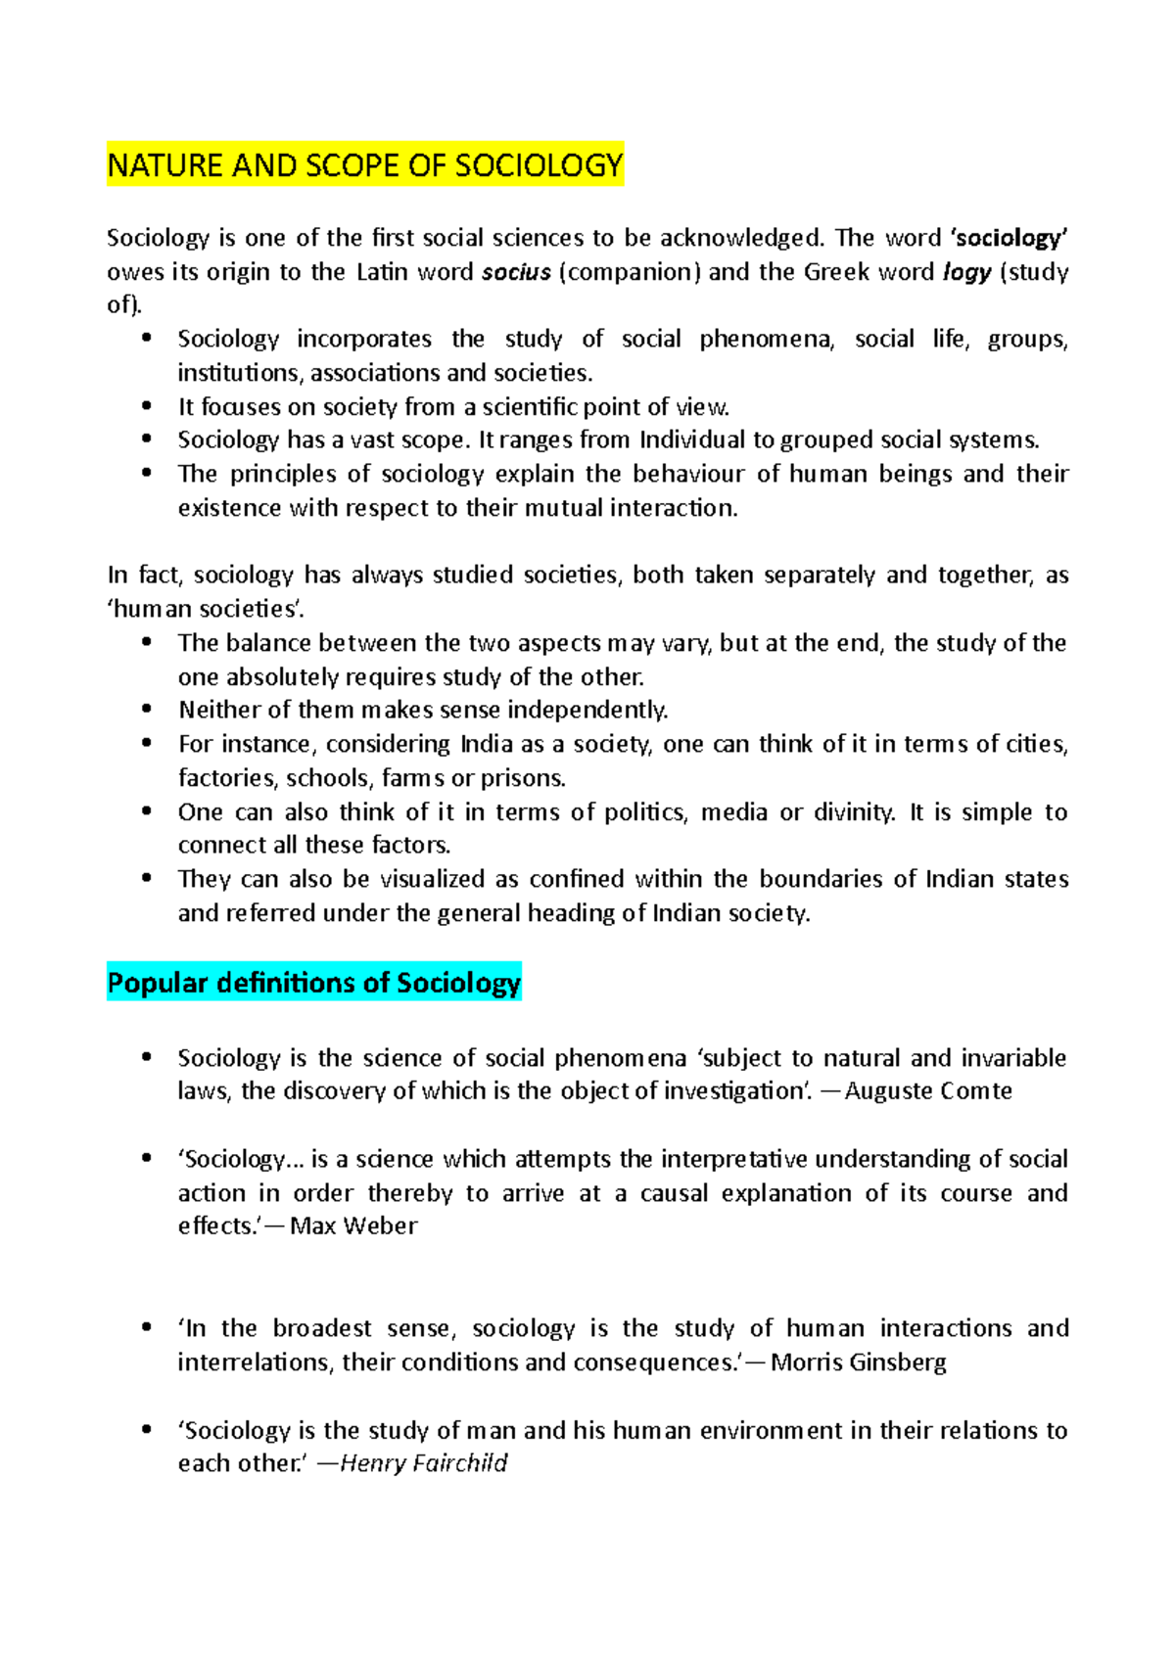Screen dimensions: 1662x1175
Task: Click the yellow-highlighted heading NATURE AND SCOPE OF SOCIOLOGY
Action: (x=364, y=165)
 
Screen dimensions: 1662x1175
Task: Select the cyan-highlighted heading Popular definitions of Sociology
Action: (x=313, y=982)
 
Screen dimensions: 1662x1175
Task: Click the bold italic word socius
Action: (x=516, y=272)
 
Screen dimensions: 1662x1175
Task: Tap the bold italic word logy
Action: (x=966, y=272)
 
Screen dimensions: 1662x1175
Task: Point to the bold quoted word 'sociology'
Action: (x=1010, y=238)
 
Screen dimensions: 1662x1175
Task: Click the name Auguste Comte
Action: (x=927, y=1091)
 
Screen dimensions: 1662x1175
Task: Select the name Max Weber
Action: (x=353, y=1226)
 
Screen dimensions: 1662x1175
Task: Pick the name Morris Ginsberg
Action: (x=858, y=1362)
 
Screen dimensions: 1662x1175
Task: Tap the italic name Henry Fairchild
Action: (x=423, y=1463)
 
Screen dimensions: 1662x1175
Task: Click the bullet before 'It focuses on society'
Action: (x=147, y=405)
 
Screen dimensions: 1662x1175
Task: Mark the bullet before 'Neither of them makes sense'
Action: (x=147, y=709)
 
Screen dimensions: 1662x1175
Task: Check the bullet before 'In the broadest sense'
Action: (x=147, y=1327)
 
